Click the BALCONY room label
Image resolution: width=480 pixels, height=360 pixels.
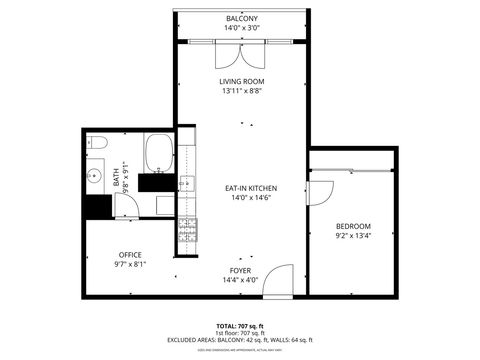point(241,19)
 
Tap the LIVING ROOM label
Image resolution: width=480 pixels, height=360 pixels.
point(241,82)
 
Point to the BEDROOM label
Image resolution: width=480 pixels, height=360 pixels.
point(353,226)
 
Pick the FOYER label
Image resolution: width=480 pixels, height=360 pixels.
point(241,271)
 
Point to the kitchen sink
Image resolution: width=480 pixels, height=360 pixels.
point(186,183)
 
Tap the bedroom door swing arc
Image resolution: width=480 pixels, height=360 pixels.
point(322,188)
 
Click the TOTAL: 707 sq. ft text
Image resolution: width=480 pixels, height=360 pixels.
point(240,326)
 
